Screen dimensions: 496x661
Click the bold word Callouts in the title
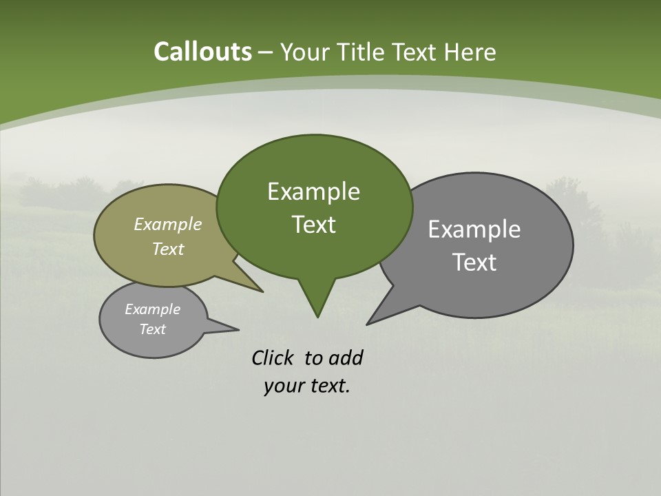click(202, 52)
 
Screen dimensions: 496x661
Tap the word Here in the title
click(470, 52)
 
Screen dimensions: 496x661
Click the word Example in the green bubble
click(313, 192)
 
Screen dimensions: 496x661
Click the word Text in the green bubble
click(313, 225)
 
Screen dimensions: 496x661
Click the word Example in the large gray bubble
click(474, 229)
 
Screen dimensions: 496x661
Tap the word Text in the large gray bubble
click(474, 262)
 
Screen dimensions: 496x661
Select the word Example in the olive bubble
click(167, 225)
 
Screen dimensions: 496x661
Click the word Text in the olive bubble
click(167, 249)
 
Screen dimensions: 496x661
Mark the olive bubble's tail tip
click(262, 291)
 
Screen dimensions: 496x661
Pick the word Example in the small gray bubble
click(152, 309)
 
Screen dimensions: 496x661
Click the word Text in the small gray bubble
click(152, 329)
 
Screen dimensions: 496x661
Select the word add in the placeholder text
click(345, 358)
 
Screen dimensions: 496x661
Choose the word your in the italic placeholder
click(283, 386)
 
